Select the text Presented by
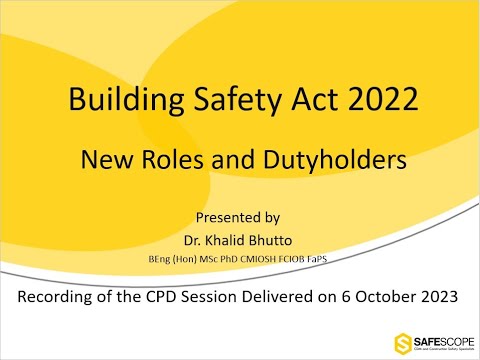coord(238,215)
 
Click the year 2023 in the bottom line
coord(431,296)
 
